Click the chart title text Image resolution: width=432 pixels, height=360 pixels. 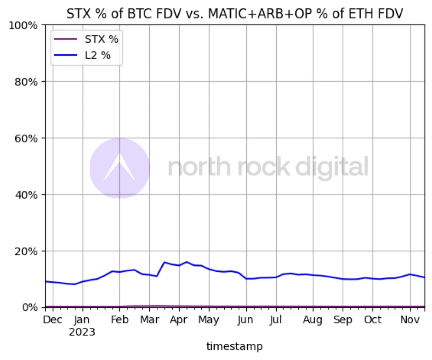[235, 13]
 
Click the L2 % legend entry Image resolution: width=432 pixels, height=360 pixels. [97, 56]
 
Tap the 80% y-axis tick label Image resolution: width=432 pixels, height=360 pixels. [26, 81]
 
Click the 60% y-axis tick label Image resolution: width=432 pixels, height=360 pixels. [26, 138]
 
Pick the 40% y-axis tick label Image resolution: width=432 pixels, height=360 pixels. [26, 194]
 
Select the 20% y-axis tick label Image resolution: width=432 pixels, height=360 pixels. [26, 251]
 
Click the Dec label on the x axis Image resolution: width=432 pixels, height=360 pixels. [53, 320]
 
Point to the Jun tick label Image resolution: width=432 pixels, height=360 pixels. [246, 320]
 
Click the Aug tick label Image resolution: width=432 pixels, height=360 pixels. [313, 320]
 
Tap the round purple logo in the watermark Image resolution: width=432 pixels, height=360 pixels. [119, 168]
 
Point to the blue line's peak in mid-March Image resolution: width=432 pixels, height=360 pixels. [165, 262]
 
